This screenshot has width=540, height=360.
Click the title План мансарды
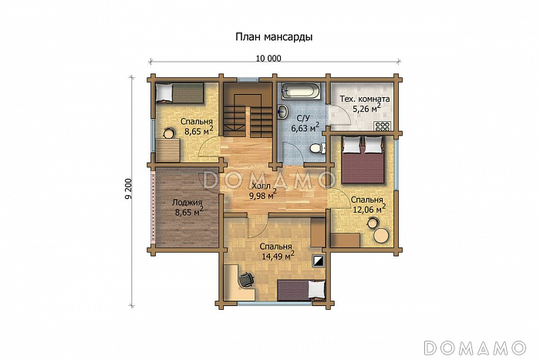pos(274,37)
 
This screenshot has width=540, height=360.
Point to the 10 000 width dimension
pos(268,59)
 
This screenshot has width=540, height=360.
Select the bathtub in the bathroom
pos(302,91)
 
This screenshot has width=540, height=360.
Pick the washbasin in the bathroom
pos(283,111)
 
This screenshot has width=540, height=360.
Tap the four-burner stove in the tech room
pos(383,126)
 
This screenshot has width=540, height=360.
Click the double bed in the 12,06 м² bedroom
pos(363,160)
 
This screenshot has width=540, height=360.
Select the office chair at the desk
pos(246,279)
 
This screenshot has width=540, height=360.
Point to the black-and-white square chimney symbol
pos(319,261)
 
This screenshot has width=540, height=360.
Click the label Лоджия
pos(187,203)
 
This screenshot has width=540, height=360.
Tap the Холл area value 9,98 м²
pos(263,195)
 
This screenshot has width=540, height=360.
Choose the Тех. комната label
pos(365,99)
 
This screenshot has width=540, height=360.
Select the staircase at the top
pos(247,109)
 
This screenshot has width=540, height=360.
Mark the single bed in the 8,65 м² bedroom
pos(179,93)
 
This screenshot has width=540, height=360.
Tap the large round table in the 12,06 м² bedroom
pos(382,236)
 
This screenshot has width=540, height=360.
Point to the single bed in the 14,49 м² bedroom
pos(302,290)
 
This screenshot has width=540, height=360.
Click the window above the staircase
pos(248,80)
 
